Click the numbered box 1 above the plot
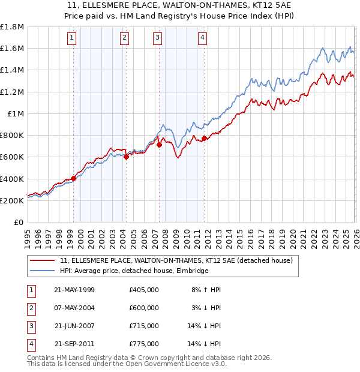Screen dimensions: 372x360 [71, 38]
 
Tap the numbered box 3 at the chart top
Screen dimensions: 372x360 [157, 38]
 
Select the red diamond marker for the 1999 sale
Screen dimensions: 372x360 [73, 178]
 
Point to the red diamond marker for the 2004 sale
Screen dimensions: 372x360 [126, 157]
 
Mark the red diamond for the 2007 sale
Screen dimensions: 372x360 [159, 145]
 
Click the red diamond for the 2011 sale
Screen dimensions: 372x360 [205, 138]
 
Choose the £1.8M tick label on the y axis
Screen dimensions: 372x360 [12, 27]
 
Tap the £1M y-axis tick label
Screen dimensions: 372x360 [16, 113]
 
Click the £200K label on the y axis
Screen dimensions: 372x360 [12, 200]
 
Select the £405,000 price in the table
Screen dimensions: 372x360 [143, 290]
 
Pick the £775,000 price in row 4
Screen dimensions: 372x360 [143, 344]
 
